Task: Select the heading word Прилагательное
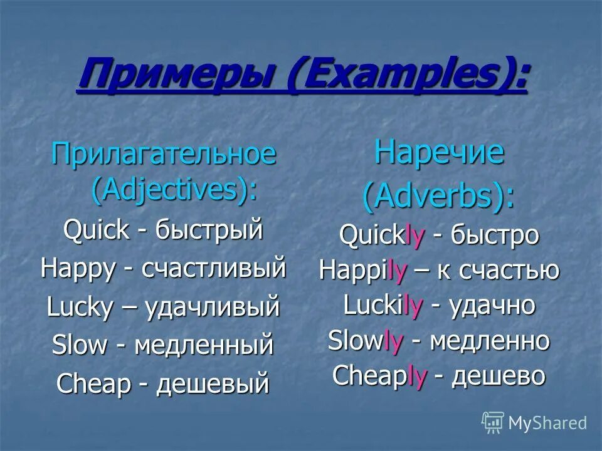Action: tap(164, 154)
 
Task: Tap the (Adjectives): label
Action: tap(174, 190)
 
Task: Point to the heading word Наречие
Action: tap(439, 153)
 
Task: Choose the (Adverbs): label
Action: tap(439, 196)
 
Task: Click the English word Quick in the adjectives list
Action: tap(95, 231)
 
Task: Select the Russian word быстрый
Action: tap(209, 231)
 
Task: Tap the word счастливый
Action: tap(214, 268)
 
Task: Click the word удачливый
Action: tap(212, 307)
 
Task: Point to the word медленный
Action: tap(204, 345)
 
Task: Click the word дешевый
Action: tap(212, 383)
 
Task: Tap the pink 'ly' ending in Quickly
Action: tap(416, 235)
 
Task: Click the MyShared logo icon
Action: tap(493, 423)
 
